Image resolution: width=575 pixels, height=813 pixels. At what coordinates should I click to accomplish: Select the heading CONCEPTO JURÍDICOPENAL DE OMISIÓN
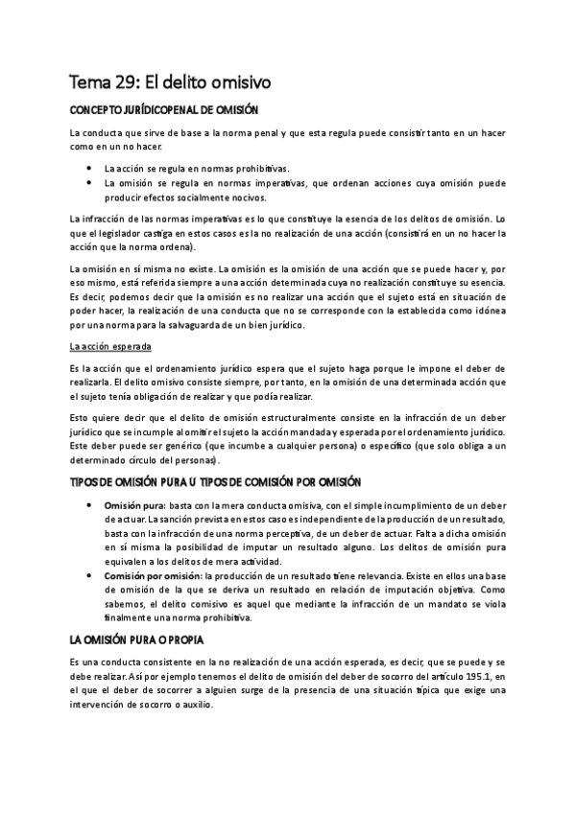tap(163, 110)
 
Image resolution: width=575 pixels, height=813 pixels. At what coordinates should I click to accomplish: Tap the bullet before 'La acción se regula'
tap(89, 168)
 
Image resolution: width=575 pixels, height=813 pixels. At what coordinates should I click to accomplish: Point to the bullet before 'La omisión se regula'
tap(89, 181)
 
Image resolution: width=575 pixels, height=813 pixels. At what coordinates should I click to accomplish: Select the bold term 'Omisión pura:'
tap(134, 504)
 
